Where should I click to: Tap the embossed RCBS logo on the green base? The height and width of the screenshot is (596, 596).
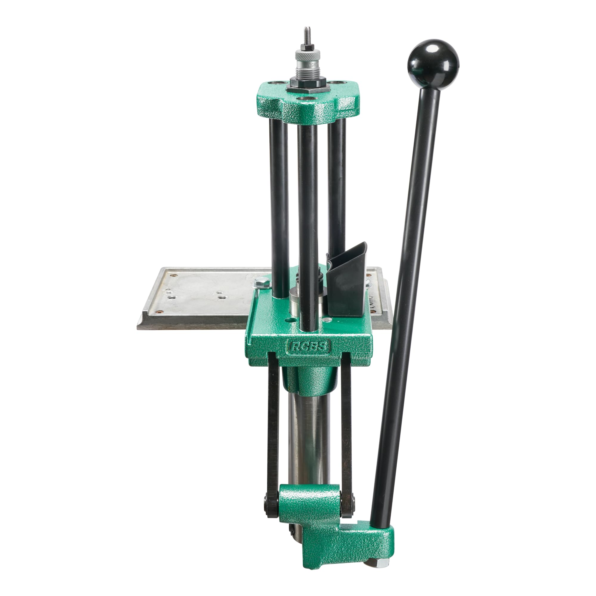click(309, 347)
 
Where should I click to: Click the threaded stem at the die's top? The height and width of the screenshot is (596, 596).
click(307, 35)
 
